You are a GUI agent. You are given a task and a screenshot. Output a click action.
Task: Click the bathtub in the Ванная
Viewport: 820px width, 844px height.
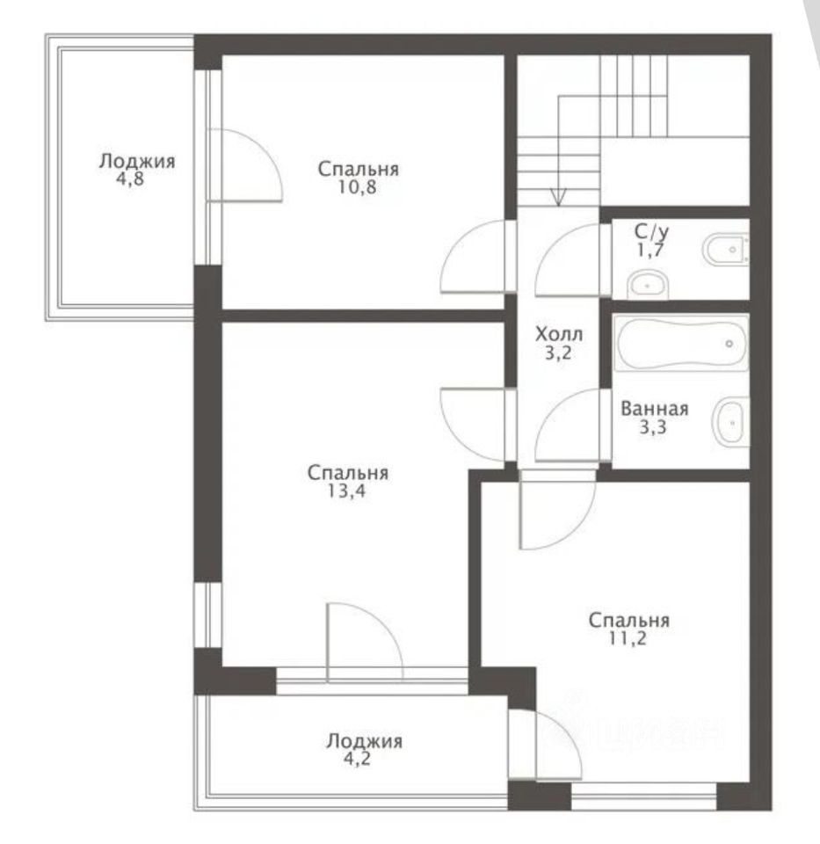point(681,344)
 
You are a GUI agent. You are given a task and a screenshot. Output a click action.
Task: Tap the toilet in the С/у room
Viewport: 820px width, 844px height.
point(726,249)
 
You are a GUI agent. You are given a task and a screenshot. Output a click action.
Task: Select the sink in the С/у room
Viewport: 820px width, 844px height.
point(648,284)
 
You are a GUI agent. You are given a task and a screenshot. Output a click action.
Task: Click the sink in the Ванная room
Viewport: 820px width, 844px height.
point(730,422)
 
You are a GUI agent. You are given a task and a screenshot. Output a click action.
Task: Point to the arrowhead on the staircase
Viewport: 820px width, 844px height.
point(558,197)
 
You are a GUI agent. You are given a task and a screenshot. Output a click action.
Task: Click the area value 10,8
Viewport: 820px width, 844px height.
point(358,187)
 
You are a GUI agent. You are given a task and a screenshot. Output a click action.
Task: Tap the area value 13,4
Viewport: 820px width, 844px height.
point(346,491)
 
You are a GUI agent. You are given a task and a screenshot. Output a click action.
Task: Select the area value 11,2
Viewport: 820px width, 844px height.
point(628,638)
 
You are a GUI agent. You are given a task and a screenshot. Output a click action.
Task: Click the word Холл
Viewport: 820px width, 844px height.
point(558,335)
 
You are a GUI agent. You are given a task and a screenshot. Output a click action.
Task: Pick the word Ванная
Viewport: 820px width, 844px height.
point(654,409)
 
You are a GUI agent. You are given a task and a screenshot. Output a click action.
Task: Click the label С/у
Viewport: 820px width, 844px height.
point(651,232)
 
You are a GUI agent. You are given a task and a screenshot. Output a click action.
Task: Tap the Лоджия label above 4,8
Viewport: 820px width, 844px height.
point(137,162)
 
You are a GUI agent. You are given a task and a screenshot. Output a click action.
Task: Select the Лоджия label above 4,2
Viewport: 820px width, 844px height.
point(364,741)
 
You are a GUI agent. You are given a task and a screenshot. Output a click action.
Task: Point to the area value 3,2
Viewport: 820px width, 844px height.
point(558,353)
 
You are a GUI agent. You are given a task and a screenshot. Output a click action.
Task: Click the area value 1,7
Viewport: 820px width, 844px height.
point(650,251)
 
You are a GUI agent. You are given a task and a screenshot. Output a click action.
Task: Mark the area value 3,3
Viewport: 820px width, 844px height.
point(653,427)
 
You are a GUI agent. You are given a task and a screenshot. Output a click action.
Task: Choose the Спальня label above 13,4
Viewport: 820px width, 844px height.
point(347,473)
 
